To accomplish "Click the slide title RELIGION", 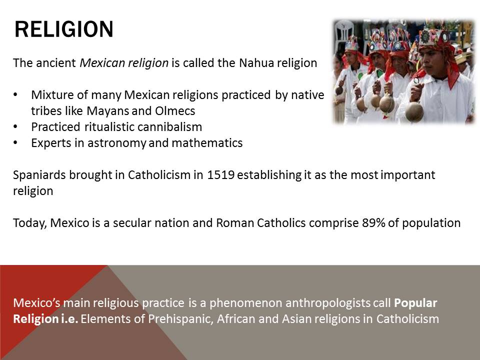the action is [64, 29].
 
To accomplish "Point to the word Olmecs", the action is [175, 111].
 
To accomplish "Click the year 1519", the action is [220, 175].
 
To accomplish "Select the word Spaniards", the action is [39, 175].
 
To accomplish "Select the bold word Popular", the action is [415, 303].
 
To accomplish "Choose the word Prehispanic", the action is [180, 318].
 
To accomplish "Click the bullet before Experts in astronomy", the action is [15, 142].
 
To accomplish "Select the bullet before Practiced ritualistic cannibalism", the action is [15, 126].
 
